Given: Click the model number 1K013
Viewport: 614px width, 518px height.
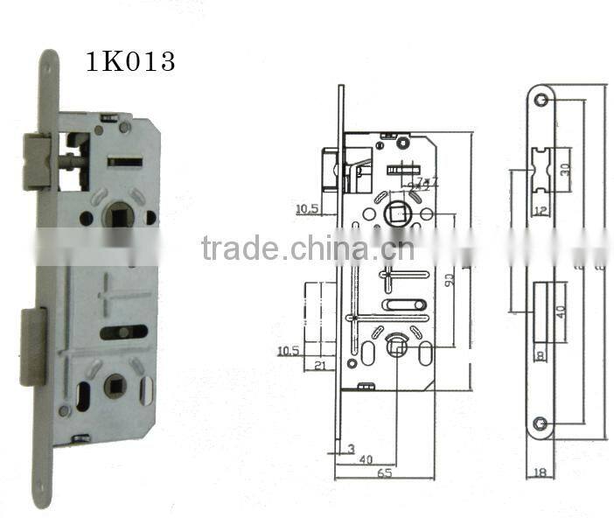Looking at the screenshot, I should pyautogui.click(x=129, y=61).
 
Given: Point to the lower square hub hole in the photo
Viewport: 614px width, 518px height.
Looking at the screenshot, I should pyautogui.click(x=115, y=385).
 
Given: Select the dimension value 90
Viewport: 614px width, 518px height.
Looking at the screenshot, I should pyautogui.click(x=448, y=280).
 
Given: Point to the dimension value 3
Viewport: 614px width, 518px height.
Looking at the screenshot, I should pyautogui.click(x=350, y=450).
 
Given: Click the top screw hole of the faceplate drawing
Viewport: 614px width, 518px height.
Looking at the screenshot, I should pyautogui.click(x=542, y=101).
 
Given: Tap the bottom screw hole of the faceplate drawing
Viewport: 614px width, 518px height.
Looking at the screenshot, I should pyautogui.click(x=542, y=424).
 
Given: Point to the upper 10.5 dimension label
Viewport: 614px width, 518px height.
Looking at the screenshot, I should pyautogui.click(x=307, y=208).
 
